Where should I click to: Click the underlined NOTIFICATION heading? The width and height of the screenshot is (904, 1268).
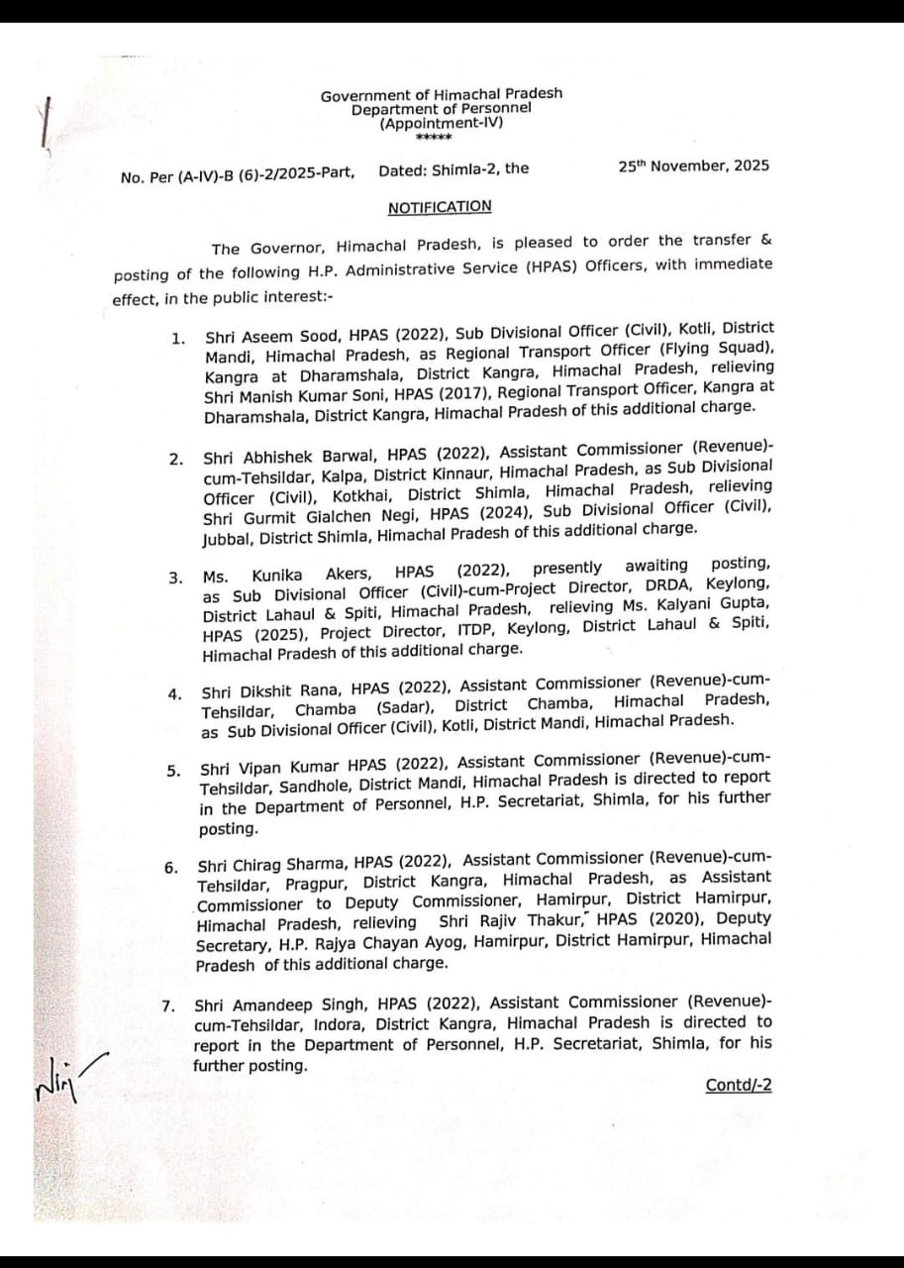tap(439, 207)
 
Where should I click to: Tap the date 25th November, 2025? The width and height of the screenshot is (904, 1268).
tap(693, 166)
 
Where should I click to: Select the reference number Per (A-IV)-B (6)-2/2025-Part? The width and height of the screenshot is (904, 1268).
tap(250, 175)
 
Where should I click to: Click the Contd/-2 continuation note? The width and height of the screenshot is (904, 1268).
tap(738, 1085)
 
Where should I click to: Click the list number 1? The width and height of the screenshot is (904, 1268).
tap(177, 339)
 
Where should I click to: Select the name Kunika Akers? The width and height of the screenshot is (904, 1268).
tap(311, 575)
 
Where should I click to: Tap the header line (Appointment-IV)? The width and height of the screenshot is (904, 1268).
tap(441, 123)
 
